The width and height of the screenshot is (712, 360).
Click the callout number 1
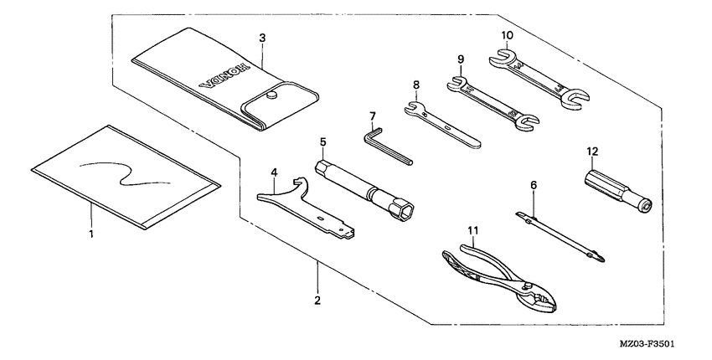click(x=91, y=234)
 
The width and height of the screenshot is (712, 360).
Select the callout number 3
click(x=262, y=39)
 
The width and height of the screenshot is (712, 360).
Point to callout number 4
click(x=274, y=173)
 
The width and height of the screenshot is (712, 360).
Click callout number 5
click(x=322, y=142)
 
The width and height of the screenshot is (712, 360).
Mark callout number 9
click(x=460, y=60)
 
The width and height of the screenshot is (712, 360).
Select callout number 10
click(x=506, y=36)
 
